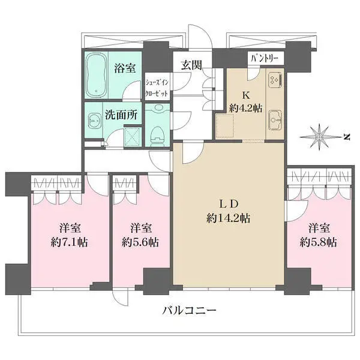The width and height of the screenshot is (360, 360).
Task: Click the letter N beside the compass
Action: [347, 136]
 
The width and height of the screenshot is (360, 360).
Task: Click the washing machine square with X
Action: [131, 137]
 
